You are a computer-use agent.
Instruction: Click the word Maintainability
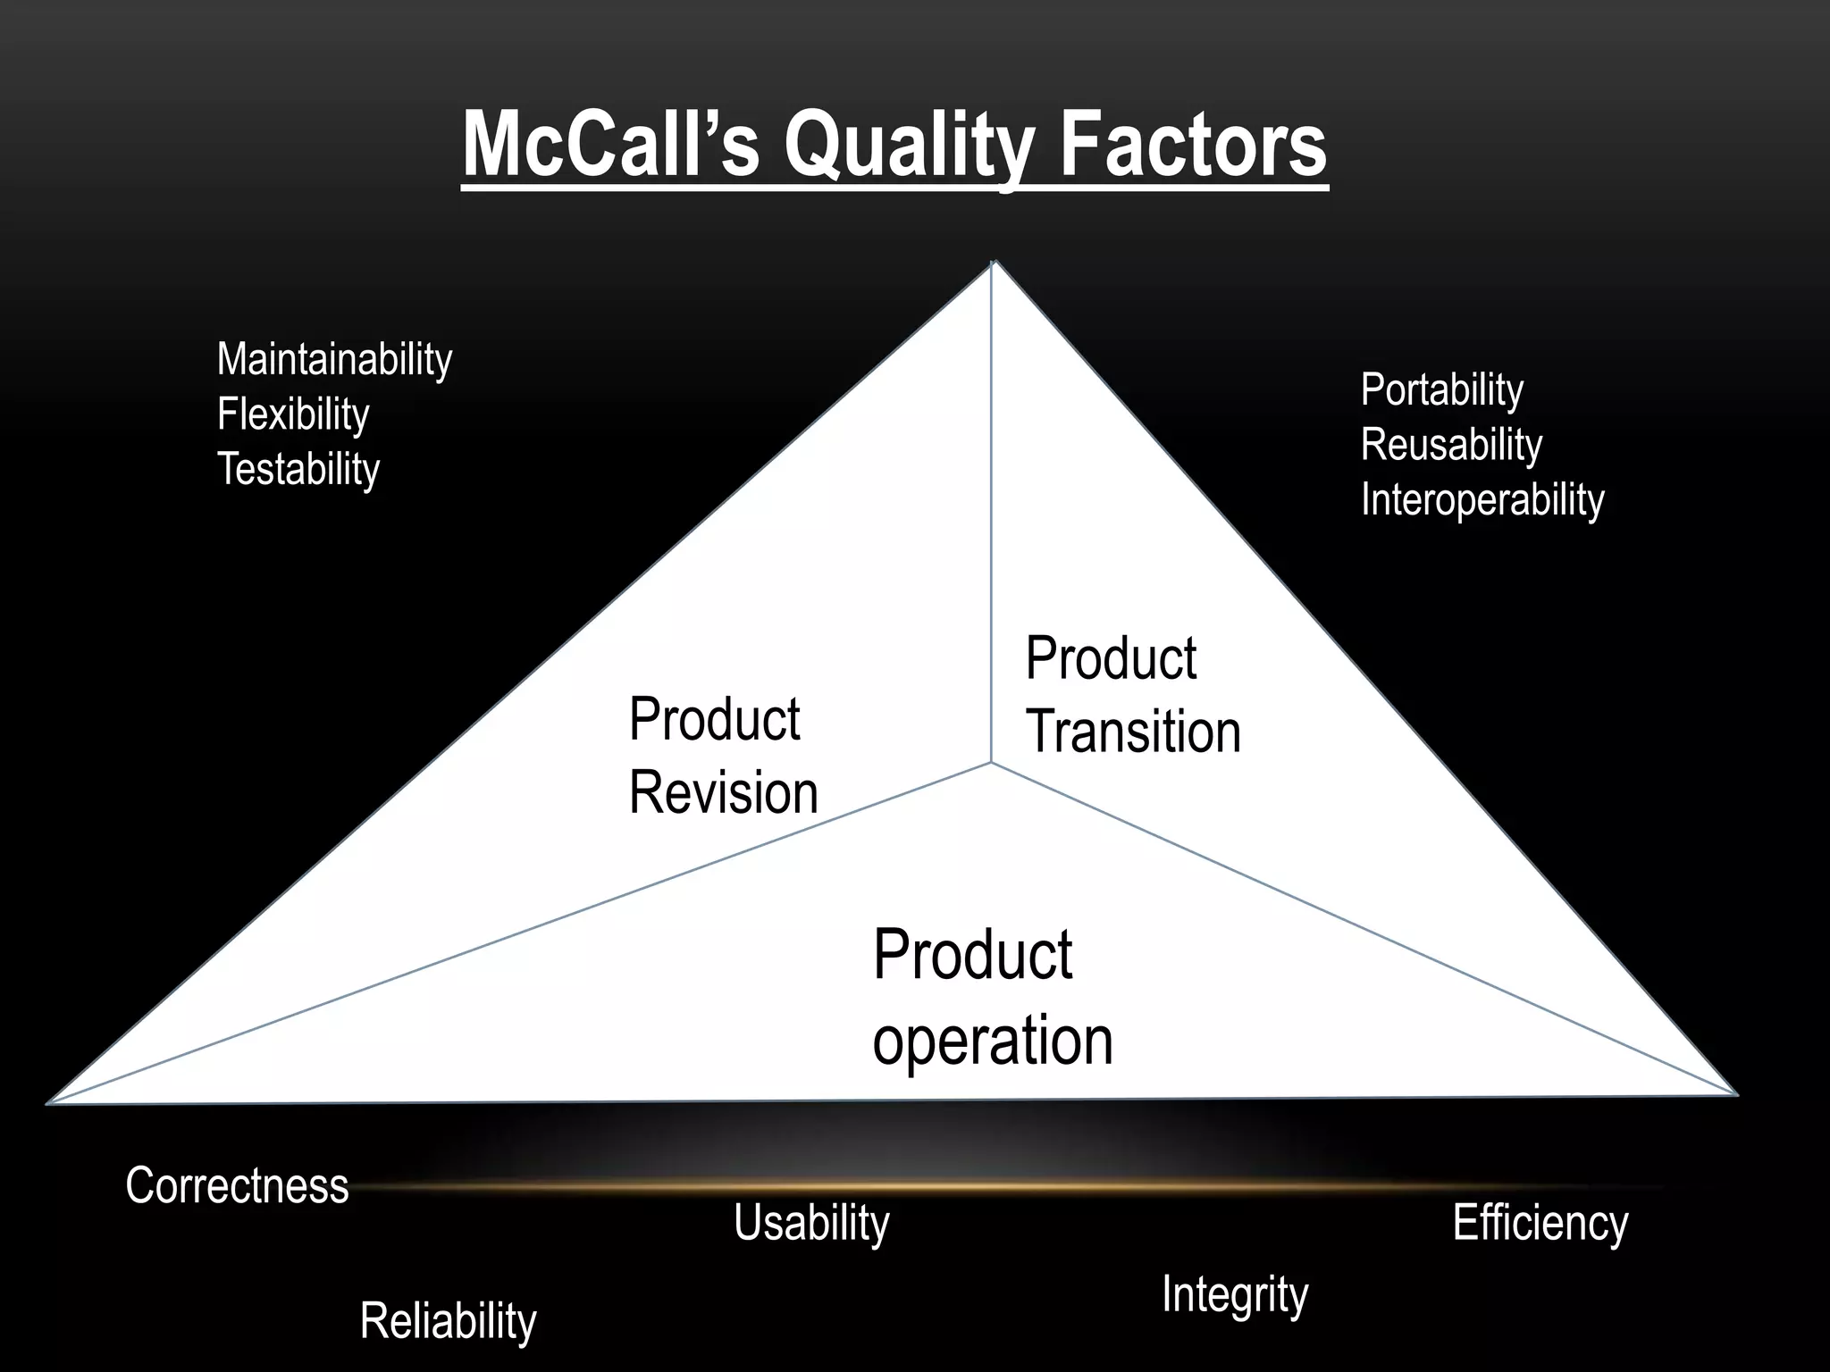(x=334, y=360)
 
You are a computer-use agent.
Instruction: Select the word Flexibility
(x=293, y=415)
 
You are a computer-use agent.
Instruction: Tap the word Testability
(x=298, y=470)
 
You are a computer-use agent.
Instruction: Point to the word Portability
(x=1441, y=390)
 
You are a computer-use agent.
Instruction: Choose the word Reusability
(x=1451, y=445)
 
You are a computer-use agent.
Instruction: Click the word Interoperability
(x=1482, y=499)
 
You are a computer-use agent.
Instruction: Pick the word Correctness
(x=237, y=1186)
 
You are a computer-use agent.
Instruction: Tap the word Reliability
(x=448, y=1321)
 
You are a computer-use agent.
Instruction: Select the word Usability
(x=811, y=1223)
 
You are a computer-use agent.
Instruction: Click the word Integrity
(x=1234, y=1294)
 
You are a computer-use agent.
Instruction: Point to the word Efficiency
(x=1540, y=1223)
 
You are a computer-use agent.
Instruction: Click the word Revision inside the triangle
(x=723, y=793)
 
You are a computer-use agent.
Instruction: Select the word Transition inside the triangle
(x=1133, y=732)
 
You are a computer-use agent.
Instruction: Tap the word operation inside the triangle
(x=992, y=1042)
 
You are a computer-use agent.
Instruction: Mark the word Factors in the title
(x=1193, y=146)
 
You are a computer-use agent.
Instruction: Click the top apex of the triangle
(x=994, y=263)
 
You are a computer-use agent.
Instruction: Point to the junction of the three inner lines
(x=991, y=763)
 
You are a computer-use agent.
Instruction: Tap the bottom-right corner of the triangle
(x=1735, y=1093)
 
